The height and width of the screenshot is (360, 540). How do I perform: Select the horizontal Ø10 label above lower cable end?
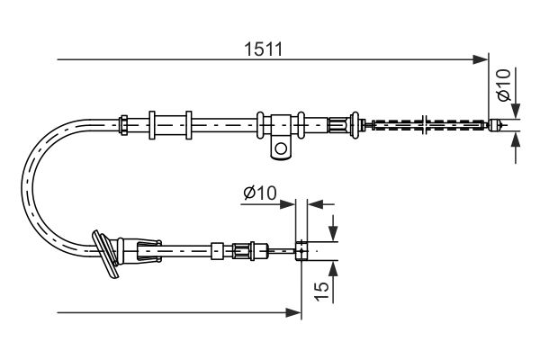261,193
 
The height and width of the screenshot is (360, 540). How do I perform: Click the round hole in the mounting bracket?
283,147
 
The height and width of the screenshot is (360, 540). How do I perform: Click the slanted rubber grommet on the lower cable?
107,255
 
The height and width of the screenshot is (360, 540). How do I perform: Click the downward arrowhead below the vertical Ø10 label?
516,114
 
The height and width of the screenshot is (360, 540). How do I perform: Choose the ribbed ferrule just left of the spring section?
339,124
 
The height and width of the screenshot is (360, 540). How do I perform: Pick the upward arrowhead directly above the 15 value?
333,265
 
